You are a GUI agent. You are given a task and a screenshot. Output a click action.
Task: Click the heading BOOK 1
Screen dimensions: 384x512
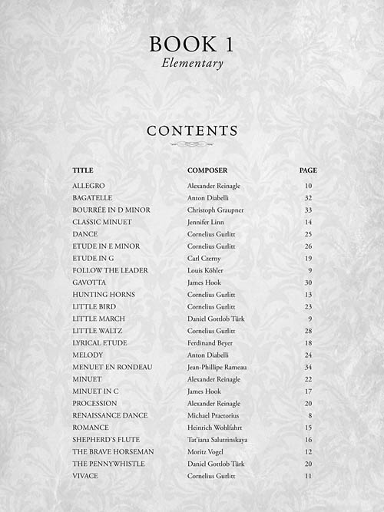(192, 45)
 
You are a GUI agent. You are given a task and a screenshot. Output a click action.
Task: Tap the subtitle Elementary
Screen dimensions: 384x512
(192, 64)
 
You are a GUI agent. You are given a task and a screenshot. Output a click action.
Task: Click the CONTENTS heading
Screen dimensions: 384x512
(192, 131)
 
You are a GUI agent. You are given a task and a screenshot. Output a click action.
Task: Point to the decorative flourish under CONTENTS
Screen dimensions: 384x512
(192, 144)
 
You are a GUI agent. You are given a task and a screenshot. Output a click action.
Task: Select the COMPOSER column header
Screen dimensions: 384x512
(207, 170)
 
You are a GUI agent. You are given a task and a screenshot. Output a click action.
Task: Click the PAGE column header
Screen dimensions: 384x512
(308, 170)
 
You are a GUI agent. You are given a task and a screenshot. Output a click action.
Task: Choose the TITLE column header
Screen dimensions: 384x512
(83, 170)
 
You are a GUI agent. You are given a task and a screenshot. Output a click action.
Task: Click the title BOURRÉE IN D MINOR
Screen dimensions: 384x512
(111, 210)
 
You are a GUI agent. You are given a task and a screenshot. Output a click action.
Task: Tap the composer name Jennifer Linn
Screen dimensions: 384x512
(207, 222)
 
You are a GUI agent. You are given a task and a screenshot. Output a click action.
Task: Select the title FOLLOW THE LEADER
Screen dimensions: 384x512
(110, 270)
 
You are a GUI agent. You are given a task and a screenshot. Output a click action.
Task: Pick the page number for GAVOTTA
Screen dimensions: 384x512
(308, 282)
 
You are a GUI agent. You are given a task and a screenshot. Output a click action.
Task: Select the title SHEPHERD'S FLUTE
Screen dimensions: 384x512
(108, 439)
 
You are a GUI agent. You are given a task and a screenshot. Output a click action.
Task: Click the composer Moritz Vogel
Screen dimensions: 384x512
(206, 451)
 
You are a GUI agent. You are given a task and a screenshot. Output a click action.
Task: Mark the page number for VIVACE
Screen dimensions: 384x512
(308, 476)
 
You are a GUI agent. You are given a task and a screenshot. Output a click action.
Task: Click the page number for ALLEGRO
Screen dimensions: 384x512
(308, 186)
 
